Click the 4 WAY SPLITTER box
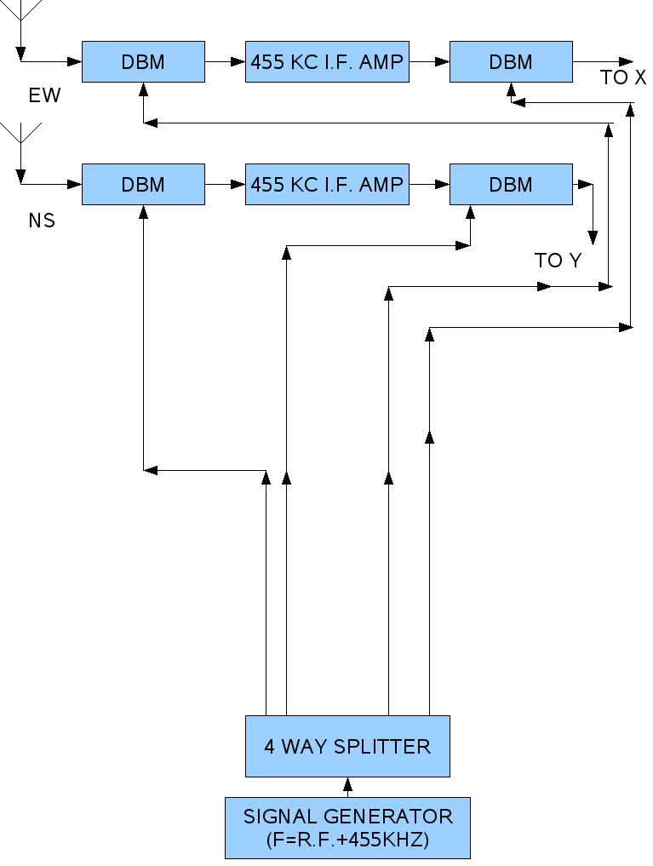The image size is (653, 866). (x=347, y=746)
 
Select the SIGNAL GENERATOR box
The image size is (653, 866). (x=347, y=827)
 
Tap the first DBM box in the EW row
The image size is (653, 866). (x=143, y=62)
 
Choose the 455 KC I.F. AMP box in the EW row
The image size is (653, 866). (x=327, y=62)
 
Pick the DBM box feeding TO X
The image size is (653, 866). (x=511, y=62)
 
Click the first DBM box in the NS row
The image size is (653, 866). (x=143, y=185)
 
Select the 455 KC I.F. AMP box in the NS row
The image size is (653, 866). (x=327, y=185)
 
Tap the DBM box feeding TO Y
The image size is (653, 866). (x=511, y=185)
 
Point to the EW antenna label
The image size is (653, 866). (x=44, y=95)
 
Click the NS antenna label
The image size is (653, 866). (x=42, y=221)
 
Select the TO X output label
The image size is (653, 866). (x=623, y=77)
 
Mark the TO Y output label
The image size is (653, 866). (x=558, y=261)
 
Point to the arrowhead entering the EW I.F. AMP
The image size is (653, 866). (x=238, y=62)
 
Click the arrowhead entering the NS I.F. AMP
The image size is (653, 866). (x=238, y=185)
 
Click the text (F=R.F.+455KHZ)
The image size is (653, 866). (x=347, y=840)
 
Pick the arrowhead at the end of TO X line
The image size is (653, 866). (x=627, y=62)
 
